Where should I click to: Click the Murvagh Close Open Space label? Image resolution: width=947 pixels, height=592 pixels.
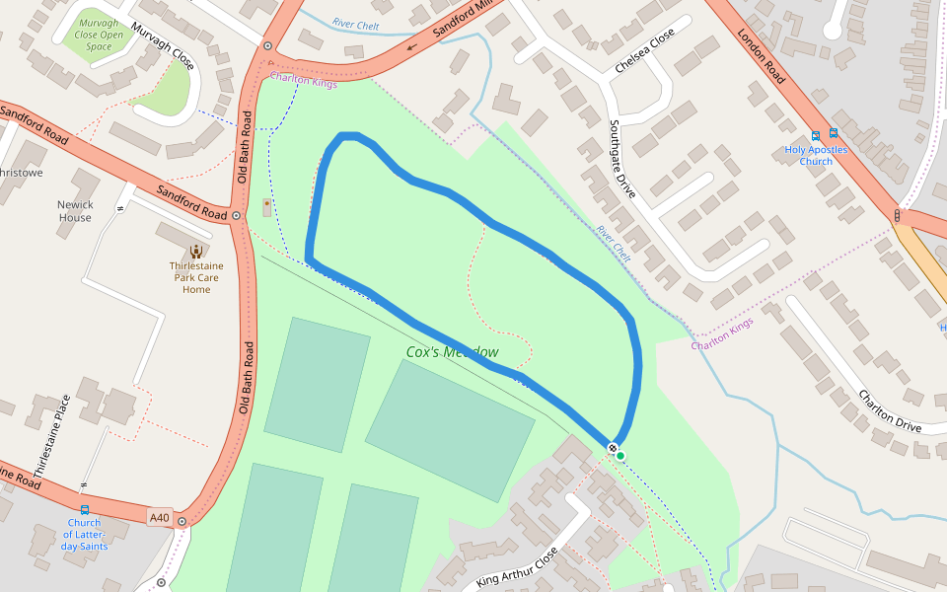99,34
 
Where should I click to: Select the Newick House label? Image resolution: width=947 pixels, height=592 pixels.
75,211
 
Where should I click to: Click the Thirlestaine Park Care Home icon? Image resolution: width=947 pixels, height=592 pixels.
196,251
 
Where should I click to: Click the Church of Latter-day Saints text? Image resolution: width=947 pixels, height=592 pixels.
84,534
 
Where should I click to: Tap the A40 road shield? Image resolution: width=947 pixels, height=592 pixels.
160,517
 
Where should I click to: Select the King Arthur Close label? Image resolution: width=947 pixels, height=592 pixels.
517,568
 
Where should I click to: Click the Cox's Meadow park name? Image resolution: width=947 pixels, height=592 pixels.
452,352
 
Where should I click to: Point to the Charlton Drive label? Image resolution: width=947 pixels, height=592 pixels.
889,412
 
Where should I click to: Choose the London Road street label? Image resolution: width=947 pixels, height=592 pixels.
761,54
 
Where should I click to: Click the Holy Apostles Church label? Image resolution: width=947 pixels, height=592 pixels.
816,156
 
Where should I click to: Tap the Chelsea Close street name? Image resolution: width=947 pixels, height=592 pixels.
644,50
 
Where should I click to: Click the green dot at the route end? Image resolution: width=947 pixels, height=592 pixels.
620,455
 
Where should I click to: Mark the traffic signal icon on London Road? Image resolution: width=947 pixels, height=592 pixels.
897,215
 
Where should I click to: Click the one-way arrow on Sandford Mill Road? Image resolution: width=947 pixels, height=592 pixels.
410,45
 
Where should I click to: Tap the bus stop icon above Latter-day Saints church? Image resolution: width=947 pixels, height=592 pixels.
84,510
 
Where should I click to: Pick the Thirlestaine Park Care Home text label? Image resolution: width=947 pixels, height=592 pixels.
196,277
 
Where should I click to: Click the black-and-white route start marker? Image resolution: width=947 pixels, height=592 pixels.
613,449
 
